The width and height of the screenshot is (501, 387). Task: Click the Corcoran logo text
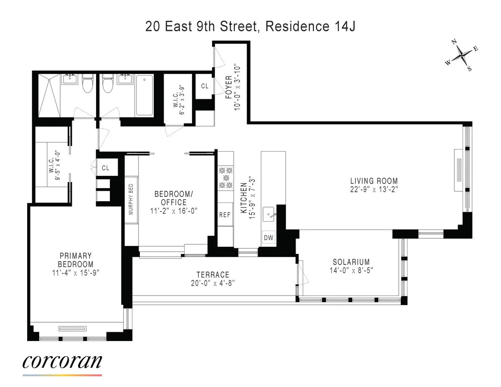pyautogui.click(x=62, y=361)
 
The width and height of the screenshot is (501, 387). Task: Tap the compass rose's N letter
pyautogui.click(x=454, y=42)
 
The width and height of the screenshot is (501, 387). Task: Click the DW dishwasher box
pyautogui.click(x=268, y=238)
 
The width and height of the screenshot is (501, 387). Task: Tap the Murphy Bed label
pyautogui.click(x=131, y=200)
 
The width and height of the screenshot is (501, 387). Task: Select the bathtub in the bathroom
pyautogui.click(x=144, y=95)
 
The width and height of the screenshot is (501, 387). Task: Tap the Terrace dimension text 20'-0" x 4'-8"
pyautogui.click(x=213, y=283)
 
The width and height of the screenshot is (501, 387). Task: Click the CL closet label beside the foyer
pyautogui.click(x=205, y=86)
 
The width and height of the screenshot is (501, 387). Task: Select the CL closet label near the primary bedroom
pyautogui.click(x=106, y=168)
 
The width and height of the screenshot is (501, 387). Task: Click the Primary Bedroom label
pyautogui.click(x=76, y=260)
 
